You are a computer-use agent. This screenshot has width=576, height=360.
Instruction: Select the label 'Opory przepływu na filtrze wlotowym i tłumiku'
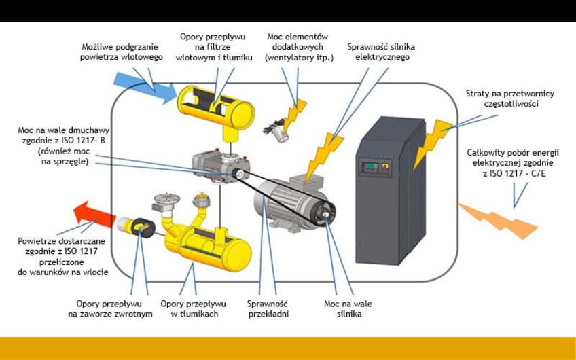click(x=213, y=47)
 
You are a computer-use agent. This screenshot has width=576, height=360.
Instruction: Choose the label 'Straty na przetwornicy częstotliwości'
click(x=503, y=101)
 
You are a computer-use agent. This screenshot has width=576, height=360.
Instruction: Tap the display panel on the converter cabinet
click(x=370, y=166)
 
